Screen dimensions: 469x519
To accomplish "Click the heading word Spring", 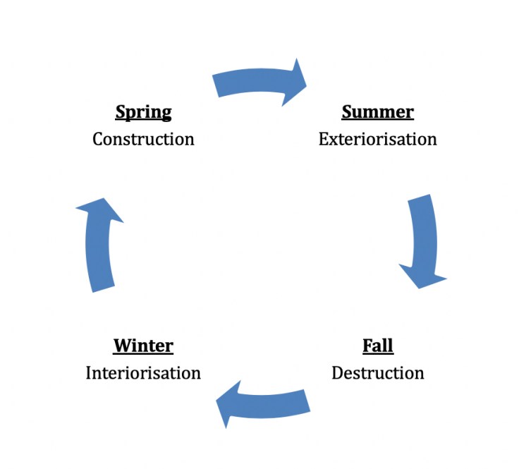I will tap(143, 112).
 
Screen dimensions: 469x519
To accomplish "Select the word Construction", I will tap(143, 138).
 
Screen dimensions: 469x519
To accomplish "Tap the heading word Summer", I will tap(377, 112).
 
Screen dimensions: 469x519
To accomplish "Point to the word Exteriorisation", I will tap(377, 138).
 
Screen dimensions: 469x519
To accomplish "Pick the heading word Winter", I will tap(143, 346).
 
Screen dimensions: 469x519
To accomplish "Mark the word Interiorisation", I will tap(143, 372).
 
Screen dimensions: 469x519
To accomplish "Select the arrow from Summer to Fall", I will tap(423, 240).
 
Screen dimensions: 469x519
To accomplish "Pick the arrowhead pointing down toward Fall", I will tap(422, 276).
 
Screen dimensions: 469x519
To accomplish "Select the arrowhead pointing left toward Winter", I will tap(230, 406).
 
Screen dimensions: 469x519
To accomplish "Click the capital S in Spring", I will tap(121, 112).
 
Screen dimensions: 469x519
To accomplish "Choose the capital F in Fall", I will tap(367, 346).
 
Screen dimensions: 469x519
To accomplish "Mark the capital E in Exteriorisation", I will tap(324, 138).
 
